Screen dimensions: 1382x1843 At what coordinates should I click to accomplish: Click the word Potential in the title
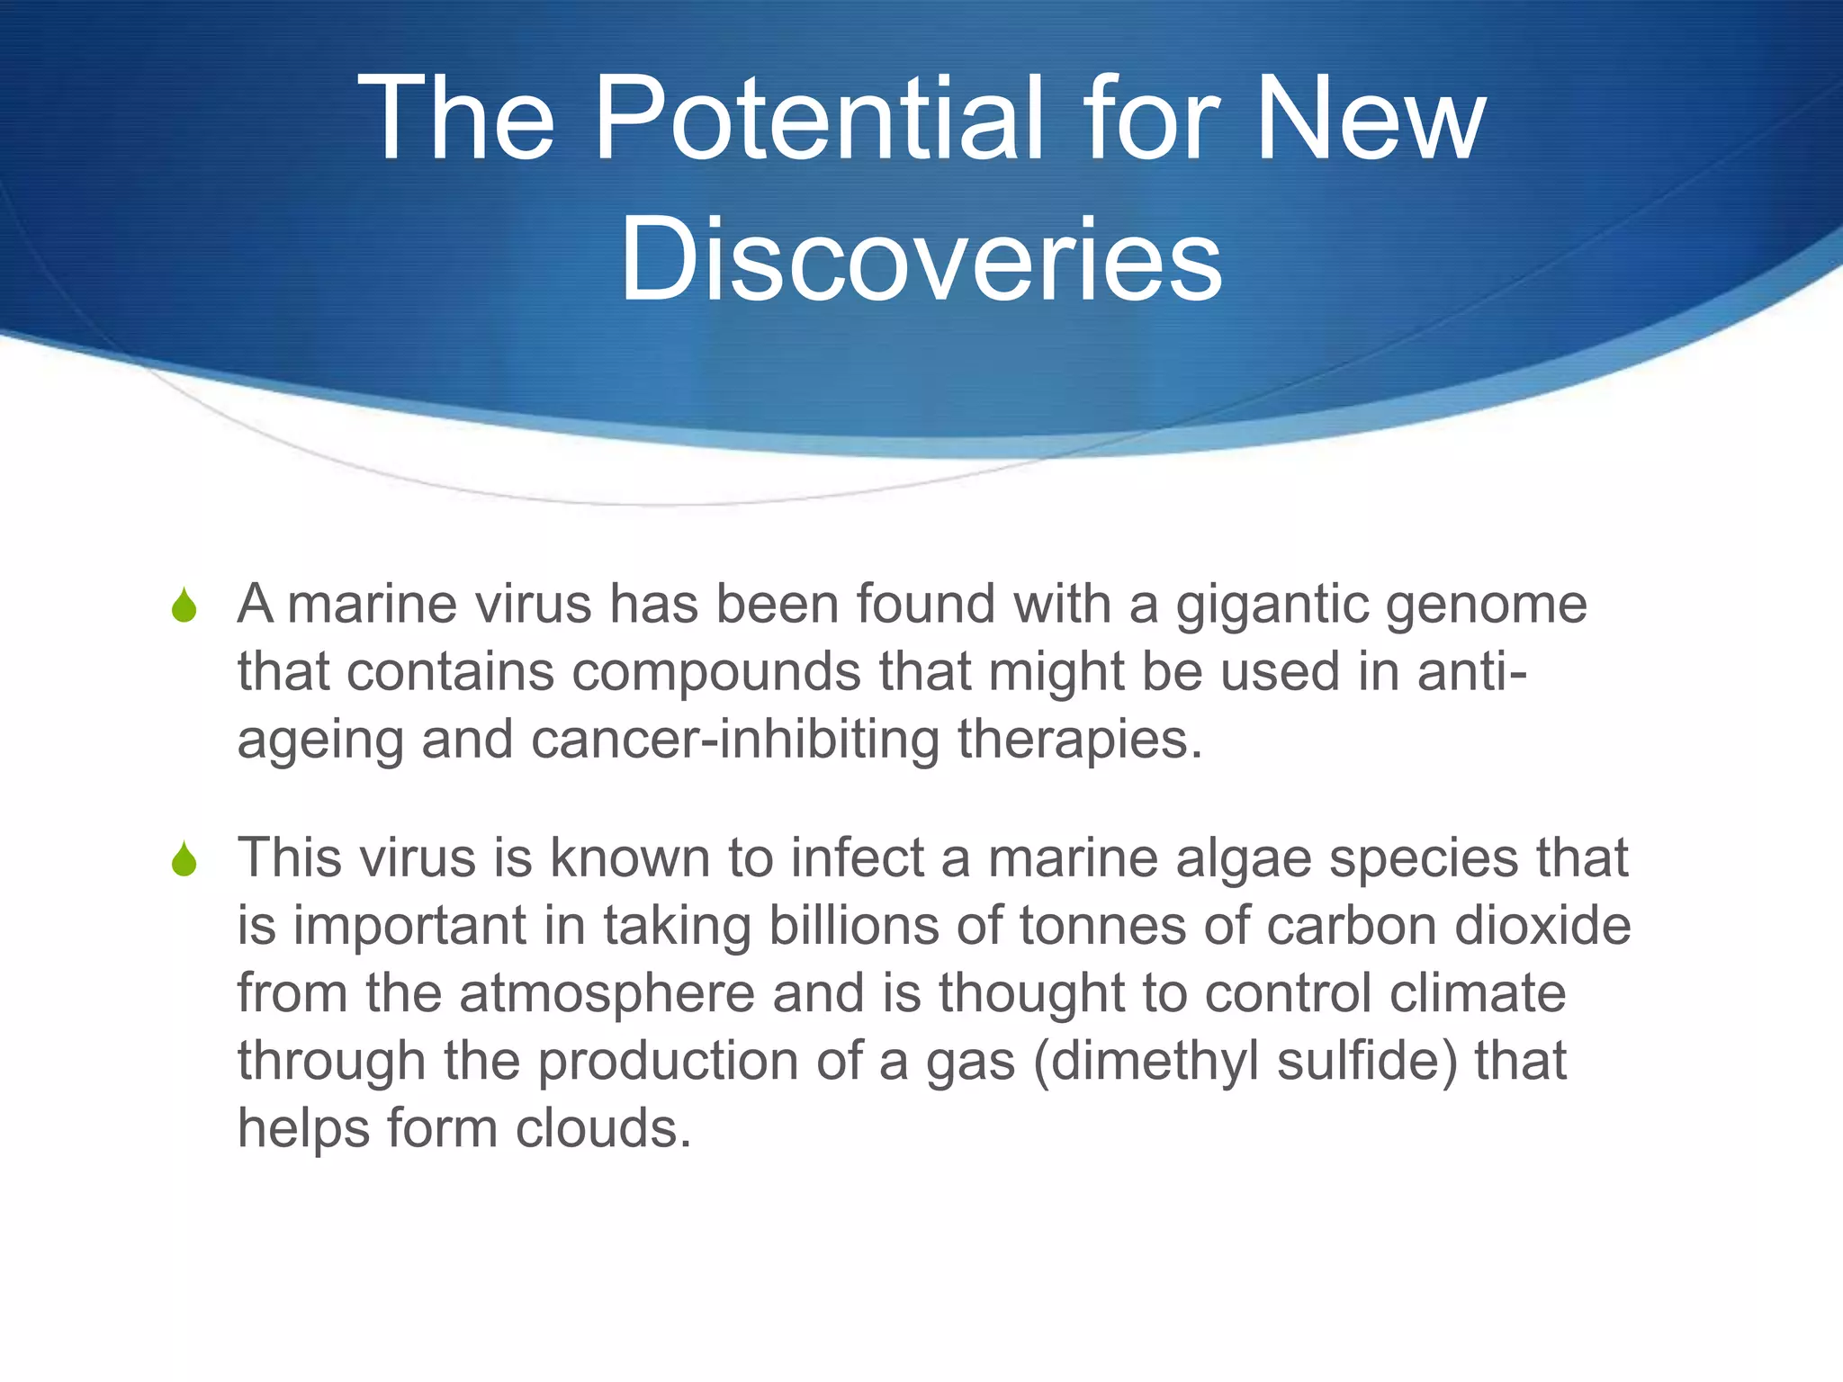(819, 119)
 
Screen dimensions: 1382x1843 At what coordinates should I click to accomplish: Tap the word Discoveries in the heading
(921, 260)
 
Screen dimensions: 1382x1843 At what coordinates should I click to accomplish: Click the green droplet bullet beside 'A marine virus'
(184, 605)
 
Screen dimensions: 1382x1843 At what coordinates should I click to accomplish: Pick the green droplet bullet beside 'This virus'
(184, 858)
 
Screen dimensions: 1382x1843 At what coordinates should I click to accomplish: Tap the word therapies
(1080, 740)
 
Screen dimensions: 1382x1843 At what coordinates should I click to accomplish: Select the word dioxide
(1542, 926)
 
